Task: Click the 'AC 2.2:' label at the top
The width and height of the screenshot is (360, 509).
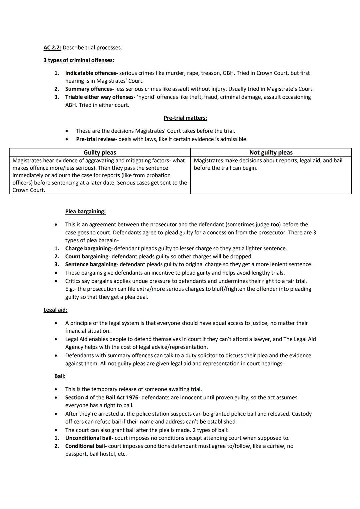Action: click(52, 48)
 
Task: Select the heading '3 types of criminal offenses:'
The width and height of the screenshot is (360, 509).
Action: click(79, 60)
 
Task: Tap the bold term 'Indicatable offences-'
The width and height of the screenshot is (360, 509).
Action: click(91, 73)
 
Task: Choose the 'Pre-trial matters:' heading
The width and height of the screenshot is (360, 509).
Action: click(185, 118)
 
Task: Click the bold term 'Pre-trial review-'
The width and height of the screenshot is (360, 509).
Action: click(96, 139)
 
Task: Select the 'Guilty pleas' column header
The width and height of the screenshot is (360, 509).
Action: click(100, 153)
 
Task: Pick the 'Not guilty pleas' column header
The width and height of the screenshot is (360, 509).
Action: click(271, 153)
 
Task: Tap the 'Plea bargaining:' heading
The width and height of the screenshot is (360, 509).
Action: click(85, 212)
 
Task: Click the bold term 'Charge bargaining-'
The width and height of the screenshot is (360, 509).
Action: click(89, 249)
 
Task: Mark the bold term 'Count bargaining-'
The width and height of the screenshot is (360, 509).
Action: click(88, 257)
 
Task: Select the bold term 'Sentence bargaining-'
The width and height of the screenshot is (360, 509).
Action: click(92, 265)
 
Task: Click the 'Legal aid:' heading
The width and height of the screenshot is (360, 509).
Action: click(55, 310)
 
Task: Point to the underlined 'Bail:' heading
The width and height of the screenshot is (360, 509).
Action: click(60, 376)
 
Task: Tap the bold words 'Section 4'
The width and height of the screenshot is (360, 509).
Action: click(77, 398)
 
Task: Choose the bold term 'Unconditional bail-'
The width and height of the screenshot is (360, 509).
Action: click(89, 438)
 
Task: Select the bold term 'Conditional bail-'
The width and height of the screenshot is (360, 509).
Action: click(86, 446)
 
